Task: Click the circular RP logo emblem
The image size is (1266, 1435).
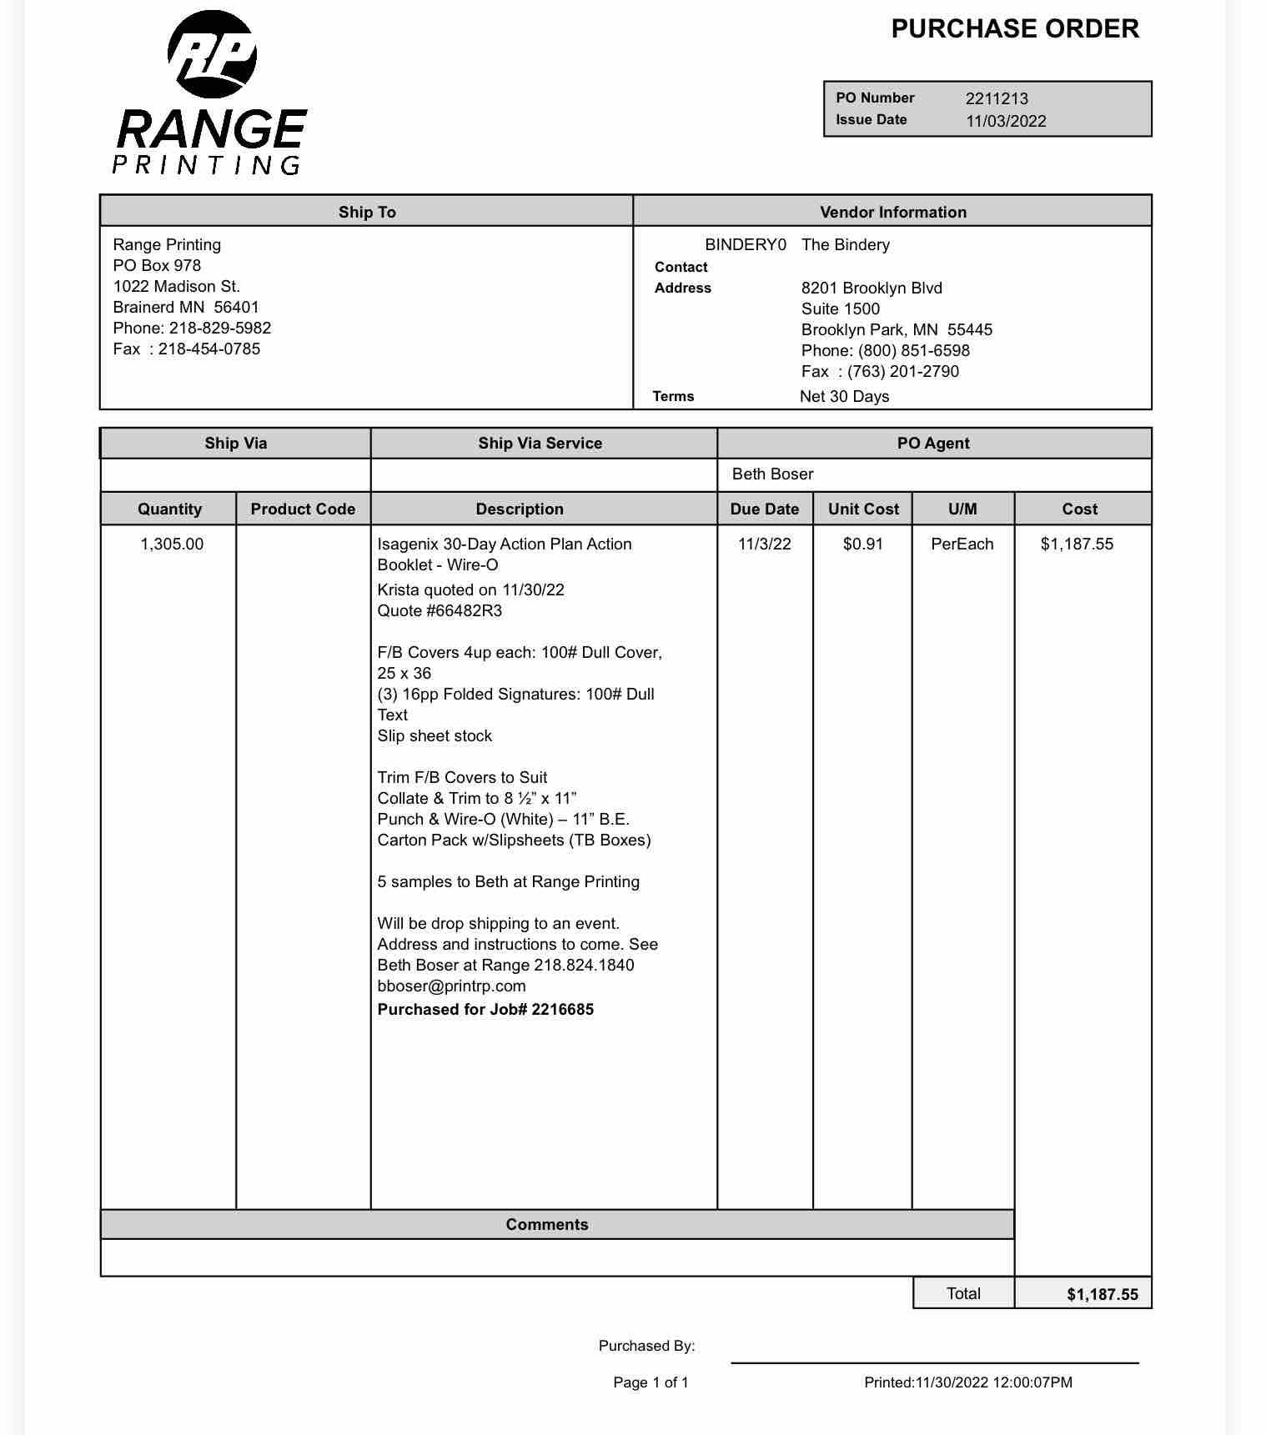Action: pos(212,55)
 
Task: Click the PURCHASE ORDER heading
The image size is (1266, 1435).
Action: pos(1014,29)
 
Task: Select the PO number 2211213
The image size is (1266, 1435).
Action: pos(997,98)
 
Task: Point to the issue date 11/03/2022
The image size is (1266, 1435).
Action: pos(1006,121)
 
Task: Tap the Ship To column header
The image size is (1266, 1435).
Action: pos(367,212)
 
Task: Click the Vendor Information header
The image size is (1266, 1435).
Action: pos(892,212)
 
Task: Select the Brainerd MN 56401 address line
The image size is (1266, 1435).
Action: pos(186,307)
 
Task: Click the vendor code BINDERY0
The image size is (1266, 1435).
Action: pos(745,245)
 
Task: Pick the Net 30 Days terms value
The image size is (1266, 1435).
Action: pos(844,397)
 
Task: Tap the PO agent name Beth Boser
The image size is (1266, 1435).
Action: pos(772,474)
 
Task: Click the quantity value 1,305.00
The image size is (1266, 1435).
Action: pos(172,544)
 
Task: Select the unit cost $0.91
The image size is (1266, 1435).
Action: pos(862,544)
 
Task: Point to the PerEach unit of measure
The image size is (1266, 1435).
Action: pos(962,544)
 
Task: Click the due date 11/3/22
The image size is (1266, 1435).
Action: pos(764,544)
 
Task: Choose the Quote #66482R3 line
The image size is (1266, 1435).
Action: pos(440,611)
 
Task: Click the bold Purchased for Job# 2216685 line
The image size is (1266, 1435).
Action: pos(485,1010)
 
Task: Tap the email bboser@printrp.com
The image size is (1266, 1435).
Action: pos(451,986)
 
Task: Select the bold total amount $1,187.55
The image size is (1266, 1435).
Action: pos(1102,1295)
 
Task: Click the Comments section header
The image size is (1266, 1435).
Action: pos(546,1225)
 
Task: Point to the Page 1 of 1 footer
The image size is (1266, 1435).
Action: pos(651,1382)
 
